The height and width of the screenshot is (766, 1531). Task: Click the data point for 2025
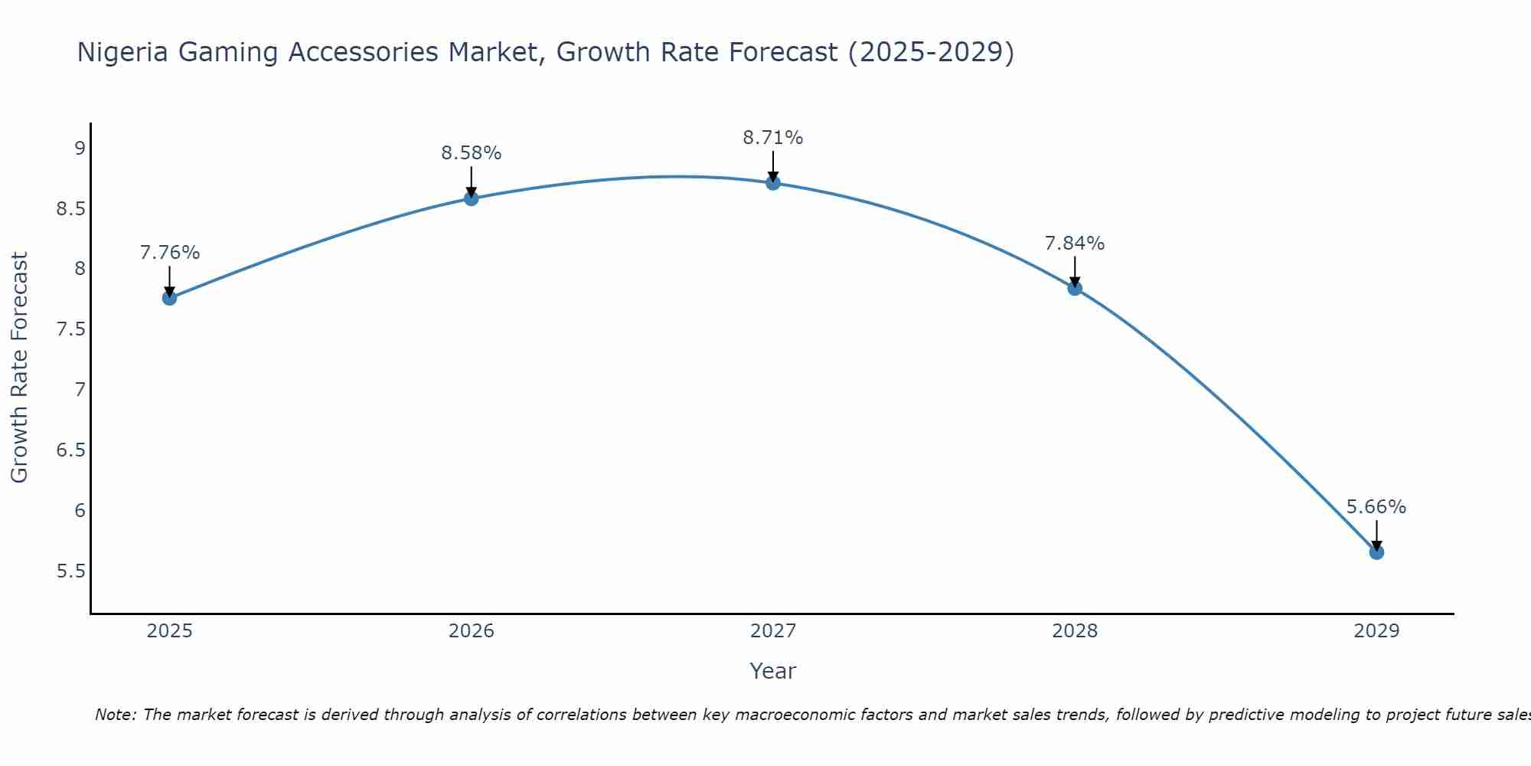click(170, 298)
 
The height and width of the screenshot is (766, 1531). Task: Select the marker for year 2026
click(472, 198)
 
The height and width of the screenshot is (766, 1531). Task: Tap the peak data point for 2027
click(773, 182)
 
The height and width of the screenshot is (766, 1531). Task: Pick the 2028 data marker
click(1075, 288)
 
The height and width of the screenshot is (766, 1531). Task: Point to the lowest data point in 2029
click(1376, 552)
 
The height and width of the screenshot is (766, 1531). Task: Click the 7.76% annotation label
click(170, 253)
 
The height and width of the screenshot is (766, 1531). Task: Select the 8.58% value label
click(472, 153)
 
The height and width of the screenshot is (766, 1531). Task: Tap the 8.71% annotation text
click(773, 138)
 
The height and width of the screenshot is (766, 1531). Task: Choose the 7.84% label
click(1075, 244)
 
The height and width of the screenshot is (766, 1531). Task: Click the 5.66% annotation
click(1376, 507)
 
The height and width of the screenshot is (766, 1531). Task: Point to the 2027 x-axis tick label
click(773, 631)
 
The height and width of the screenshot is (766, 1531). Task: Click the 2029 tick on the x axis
click(1376, 631)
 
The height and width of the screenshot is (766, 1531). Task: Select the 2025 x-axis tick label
click(170, 631)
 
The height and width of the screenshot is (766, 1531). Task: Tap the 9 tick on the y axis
click(80, 149)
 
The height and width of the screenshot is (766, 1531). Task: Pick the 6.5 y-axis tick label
click(71, 450)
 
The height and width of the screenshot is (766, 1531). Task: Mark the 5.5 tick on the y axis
click(71, 571)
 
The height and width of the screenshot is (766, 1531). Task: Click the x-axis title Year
click(773, 671)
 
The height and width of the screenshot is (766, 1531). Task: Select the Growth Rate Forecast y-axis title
click(19, 368)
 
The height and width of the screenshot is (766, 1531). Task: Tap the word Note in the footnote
click(115, 715)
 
